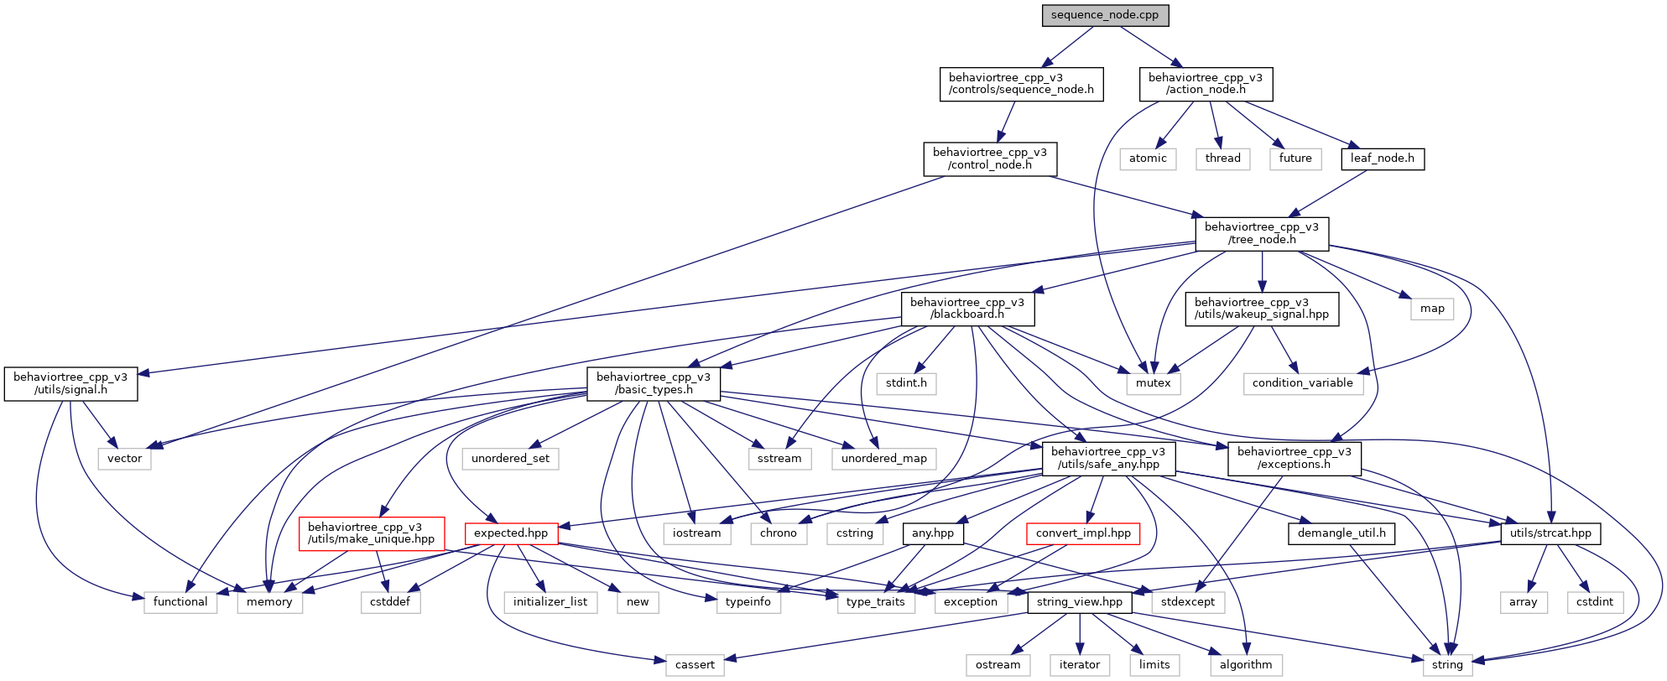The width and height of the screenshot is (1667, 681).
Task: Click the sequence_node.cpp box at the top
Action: (x=1105, y=15)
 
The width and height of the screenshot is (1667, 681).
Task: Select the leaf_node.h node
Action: (x=1382, y=159)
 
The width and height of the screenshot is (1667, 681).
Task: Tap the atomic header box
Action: (x=1148, y=159)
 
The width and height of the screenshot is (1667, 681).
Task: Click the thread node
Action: (x=1222, y=159)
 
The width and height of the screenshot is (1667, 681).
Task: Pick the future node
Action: (x=1295, y=159)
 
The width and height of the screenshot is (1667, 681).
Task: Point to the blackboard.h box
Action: (x=967, y=309)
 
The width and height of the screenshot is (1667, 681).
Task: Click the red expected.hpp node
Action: (x=511, y=533)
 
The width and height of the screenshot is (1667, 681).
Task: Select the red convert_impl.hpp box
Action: (x=1083, y=533)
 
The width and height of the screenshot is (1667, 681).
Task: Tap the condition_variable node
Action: (x=1303, y=383)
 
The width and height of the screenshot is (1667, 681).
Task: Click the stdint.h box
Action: (x=906, y=383)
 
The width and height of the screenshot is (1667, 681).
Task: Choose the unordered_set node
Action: (x=510, y=459)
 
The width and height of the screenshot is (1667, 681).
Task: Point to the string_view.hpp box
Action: (x=1080, y=602)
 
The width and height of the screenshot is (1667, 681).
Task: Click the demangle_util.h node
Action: (x=1341, y=533)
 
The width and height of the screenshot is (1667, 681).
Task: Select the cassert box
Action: (x=695, y=665)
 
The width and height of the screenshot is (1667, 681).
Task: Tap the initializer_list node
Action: (x=550, y=602)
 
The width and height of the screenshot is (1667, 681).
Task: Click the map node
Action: (x=1432, y=309)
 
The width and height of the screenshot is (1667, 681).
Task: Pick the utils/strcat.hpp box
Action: (x=1550, y=533)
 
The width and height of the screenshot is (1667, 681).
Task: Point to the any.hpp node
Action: (x=933, y=533)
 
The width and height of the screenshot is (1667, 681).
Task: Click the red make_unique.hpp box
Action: (x=371, y=533)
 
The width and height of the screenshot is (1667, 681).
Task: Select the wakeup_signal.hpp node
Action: (x=1262, y=309)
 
